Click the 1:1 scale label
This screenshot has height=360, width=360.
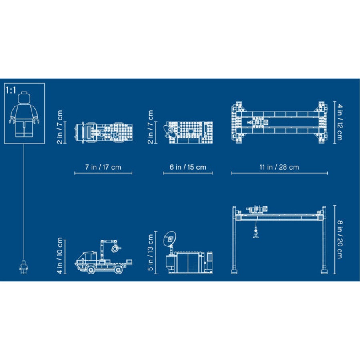pyautogui.click(x=10, y=90)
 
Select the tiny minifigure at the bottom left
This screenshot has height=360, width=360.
pyautogui.click(x=24, y=267)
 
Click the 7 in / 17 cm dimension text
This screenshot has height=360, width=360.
pyautogui.click(x=103, y=167)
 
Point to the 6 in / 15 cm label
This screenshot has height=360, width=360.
pyautogui.click(x=188, y=167)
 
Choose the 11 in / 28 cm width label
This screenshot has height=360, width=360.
pyautogui.click(x=279, y=167)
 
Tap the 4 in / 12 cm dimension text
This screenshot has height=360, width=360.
pyautogui.click(x=340, y=122)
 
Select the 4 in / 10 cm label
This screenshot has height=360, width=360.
pyautogui.click(x=60, y=256)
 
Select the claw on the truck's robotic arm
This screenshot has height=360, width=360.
pyautogui.click(x=115, y=249)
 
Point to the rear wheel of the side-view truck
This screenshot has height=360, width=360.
pyautogui.click(x=118, y=270)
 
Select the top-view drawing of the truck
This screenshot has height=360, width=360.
pyautogui.click(x=104, y=131)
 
